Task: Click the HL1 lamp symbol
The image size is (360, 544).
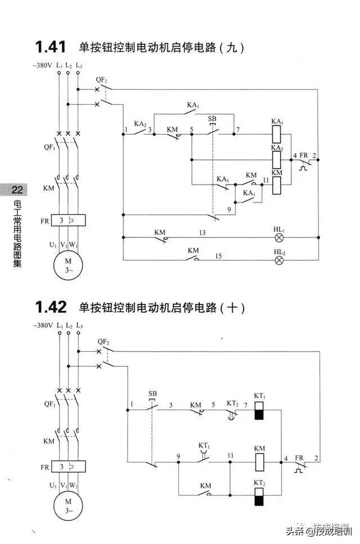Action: pos(279,237)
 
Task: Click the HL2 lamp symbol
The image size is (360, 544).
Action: pos(279,260)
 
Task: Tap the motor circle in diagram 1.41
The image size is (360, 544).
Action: pos(68,265)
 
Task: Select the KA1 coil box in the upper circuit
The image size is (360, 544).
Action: pos(276,134)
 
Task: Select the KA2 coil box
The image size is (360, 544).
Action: pos(276,160)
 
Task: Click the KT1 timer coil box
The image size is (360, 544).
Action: pos(259,411)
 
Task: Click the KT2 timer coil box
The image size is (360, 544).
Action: pos(259,496)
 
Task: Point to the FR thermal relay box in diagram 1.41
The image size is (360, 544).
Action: pos(68,221)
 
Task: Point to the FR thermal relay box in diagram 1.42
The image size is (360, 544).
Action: pos(68,466)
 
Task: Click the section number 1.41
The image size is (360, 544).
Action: pos(51,47)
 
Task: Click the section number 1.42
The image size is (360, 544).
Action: pos(51,307)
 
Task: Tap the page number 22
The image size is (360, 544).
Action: pos(17,190)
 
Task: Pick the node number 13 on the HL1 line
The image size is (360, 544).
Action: pos(202,232)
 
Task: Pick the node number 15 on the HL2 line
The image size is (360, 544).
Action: pos(218,256)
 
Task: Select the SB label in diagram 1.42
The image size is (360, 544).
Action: pos(152,393)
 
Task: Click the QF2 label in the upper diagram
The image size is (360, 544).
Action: pos(102,80)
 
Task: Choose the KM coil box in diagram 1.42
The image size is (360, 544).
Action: pos(259,462)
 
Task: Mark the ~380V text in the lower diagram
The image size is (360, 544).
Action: pos(43,325)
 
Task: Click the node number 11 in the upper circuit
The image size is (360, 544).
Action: pos(265,180)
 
